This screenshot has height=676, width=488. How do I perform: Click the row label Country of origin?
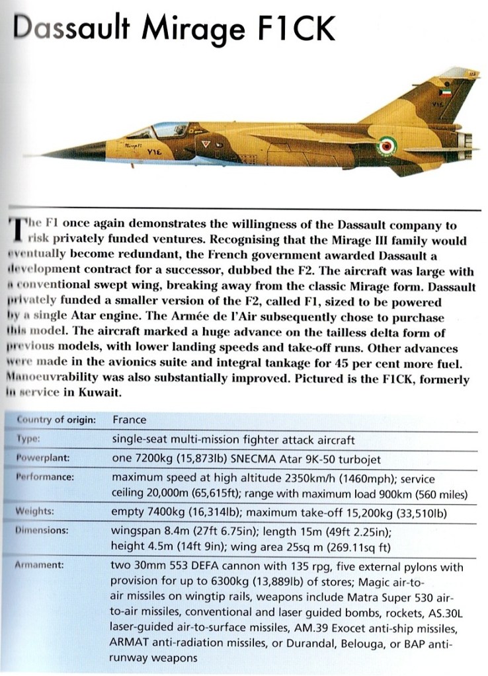(x=57, y=419)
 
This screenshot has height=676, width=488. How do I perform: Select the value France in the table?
(x=130, y=419)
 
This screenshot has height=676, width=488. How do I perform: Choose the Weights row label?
(x=36, y=511)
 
